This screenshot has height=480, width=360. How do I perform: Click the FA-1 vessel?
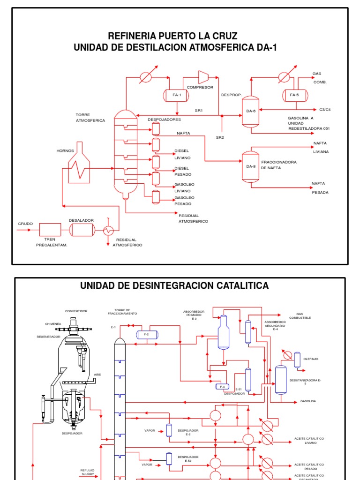coord(177,95)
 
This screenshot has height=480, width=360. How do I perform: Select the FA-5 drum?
coord(294,95)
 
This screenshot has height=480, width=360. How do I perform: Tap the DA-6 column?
coord(250,111)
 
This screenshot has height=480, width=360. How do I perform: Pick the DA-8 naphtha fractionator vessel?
coord(250,166)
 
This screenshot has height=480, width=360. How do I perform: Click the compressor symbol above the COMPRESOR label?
coord(203,77)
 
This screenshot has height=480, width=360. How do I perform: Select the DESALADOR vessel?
coord(82,230)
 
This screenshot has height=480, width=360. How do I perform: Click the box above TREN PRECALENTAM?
coord(51,230)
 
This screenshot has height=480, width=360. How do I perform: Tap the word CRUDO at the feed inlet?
coord(25,224)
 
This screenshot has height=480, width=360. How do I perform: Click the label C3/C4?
coord(325,110)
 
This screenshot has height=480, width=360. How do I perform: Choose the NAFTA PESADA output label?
coord(320,188)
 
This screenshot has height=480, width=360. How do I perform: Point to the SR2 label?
coord(220,138)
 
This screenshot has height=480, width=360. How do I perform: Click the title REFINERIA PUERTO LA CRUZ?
coord(173,36)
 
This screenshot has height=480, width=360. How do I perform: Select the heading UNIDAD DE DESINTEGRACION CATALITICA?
coord(175,285)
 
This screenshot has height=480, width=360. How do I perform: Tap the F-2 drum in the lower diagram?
coord(147,334)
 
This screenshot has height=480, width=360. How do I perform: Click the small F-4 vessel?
coord(222,387)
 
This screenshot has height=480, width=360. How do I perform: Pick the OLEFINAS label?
coord(311,359)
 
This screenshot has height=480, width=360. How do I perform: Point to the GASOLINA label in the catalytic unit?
coord(308,401)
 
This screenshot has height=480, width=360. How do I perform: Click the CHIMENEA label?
coord(53,323)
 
